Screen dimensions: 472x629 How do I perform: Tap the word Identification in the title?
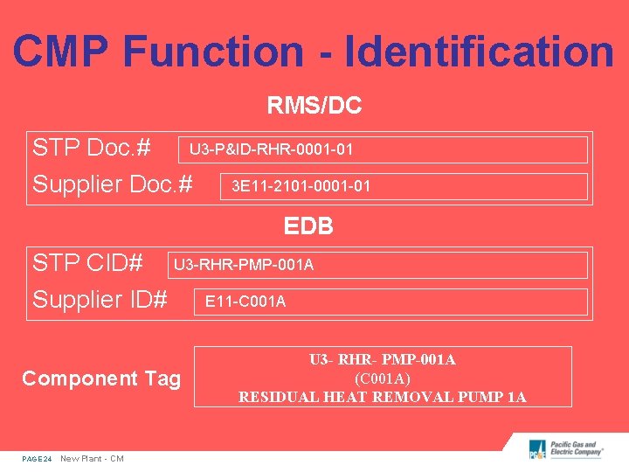(x=480, y=51)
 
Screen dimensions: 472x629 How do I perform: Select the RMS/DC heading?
(x=314, y=107)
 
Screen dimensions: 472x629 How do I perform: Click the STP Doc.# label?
(x=93, y=148)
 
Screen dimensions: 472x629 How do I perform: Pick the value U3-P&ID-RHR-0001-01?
(x=272, y=149)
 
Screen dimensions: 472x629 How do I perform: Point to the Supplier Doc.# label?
(x=112, y=184)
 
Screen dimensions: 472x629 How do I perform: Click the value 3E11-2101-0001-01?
(x=301, y=186)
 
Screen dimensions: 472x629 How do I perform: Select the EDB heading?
(x=308, y=226)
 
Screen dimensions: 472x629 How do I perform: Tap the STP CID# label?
(x=87, y=262)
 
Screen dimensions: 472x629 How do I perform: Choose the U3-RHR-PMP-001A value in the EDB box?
(x=244, y=264)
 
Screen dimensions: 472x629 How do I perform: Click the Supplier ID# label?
(x=100, y=300)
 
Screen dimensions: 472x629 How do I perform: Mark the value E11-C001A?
(x=245, y=302)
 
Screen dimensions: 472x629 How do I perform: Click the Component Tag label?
(x=101, y=378)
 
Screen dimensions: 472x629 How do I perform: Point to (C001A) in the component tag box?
(x=382, y=378)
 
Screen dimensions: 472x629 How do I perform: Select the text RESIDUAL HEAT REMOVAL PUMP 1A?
(x=382, y=397)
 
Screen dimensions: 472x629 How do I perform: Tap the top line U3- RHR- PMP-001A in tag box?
(x=382, y=360)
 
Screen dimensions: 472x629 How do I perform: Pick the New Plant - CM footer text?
(x=92, y=459)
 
